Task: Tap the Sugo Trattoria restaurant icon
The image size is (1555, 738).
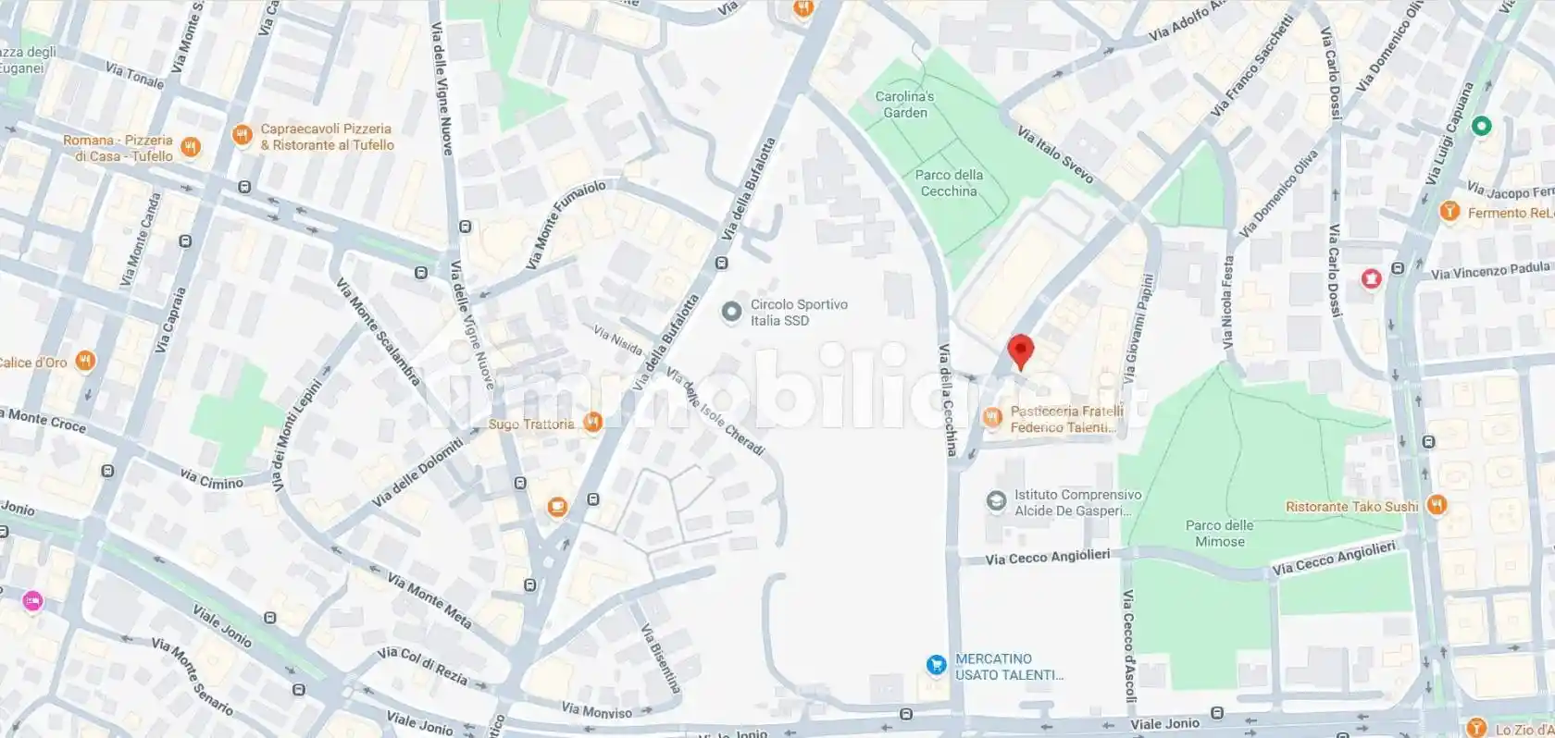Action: (593, 423)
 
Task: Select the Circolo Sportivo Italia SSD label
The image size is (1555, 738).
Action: (799, 313)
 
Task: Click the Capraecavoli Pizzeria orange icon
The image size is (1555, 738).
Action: (242, 136)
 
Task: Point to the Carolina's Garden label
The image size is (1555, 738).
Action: (904, 105)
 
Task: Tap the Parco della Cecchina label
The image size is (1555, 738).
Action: (949, 183)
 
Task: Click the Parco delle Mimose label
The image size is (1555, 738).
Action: (1219, 534)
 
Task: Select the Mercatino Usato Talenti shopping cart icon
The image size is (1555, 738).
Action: (937, 665)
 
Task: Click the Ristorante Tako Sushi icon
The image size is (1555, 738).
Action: (1437, 505)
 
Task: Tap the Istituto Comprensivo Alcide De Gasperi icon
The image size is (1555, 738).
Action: (996, 501)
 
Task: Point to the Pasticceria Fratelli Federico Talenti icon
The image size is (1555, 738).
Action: (993, 418)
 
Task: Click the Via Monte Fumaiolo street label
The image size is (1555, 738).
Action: (566, 225)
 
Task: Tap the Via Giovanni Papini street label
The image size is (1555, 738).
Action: (1138, 329)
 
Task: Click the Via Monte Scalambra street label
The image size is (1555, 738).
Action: (379, 332)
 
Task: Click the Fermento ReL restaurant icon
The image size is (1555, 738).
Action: (1449, 212)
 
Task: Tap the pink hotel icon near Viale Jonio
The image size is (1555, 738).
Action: (32, 601)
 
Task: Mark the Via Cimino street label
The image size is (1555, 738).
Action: (211, 479)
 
